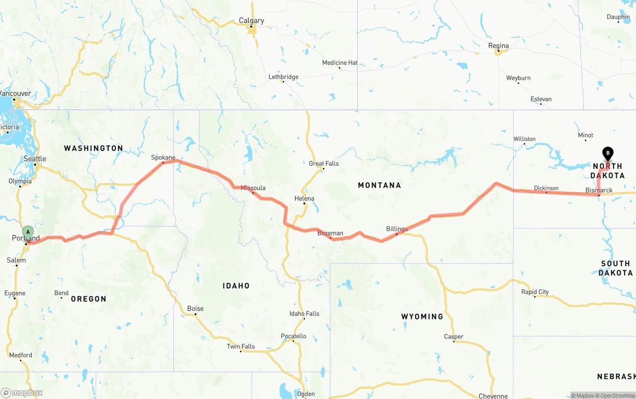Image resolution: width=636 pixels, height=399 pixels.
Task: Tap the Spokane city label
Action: tap(163, 158)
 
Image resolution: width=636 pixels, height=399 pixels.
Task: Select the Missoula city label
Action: tap(253, 188)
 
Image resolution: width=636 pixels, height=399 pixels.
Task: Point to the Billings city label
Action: tap(397, 229)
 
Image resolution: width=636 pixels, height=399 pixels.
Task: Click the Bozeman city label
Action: tap(330, 233)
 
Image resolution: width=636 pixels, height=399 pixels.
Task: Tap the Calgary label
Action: tap(251, 21)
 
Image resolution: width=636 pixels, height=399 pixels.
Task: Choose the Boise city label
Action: tap(195, 309)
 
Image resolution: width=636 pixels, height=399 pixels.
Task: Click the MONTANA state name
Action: tap(379, 185)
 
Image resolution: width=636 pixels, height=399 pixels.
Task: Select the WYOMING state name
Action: tap(422, 317)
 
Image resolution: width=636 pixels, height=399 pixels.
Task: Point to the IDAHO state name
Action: tap(236, 286)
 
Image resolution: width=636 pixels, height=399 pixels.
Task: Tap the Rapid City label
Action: tap(535, 292)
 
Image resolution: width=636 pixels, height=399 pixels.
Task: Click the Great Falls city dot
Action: tap(323, 168)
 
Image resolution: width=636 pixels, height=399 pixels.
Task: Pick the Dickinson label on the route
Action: tap(546, 188)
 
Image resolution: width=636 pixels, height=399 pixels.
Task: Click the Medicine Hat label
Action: tap(340, 63)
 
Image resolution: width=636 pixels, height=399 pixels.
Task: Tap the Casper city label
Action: tap(454, 336)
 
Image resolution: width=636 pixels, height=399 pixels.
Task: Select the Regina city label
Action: tap(498, 46)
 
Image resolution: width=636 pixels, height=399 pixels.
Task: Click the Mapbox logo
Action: tap(22, 393)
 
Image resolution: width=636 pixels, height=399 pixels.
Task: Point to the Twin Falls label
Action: tap(241, 346)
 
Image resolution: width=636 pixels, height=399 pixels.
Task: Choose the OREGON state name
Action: tap(88, 299)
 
